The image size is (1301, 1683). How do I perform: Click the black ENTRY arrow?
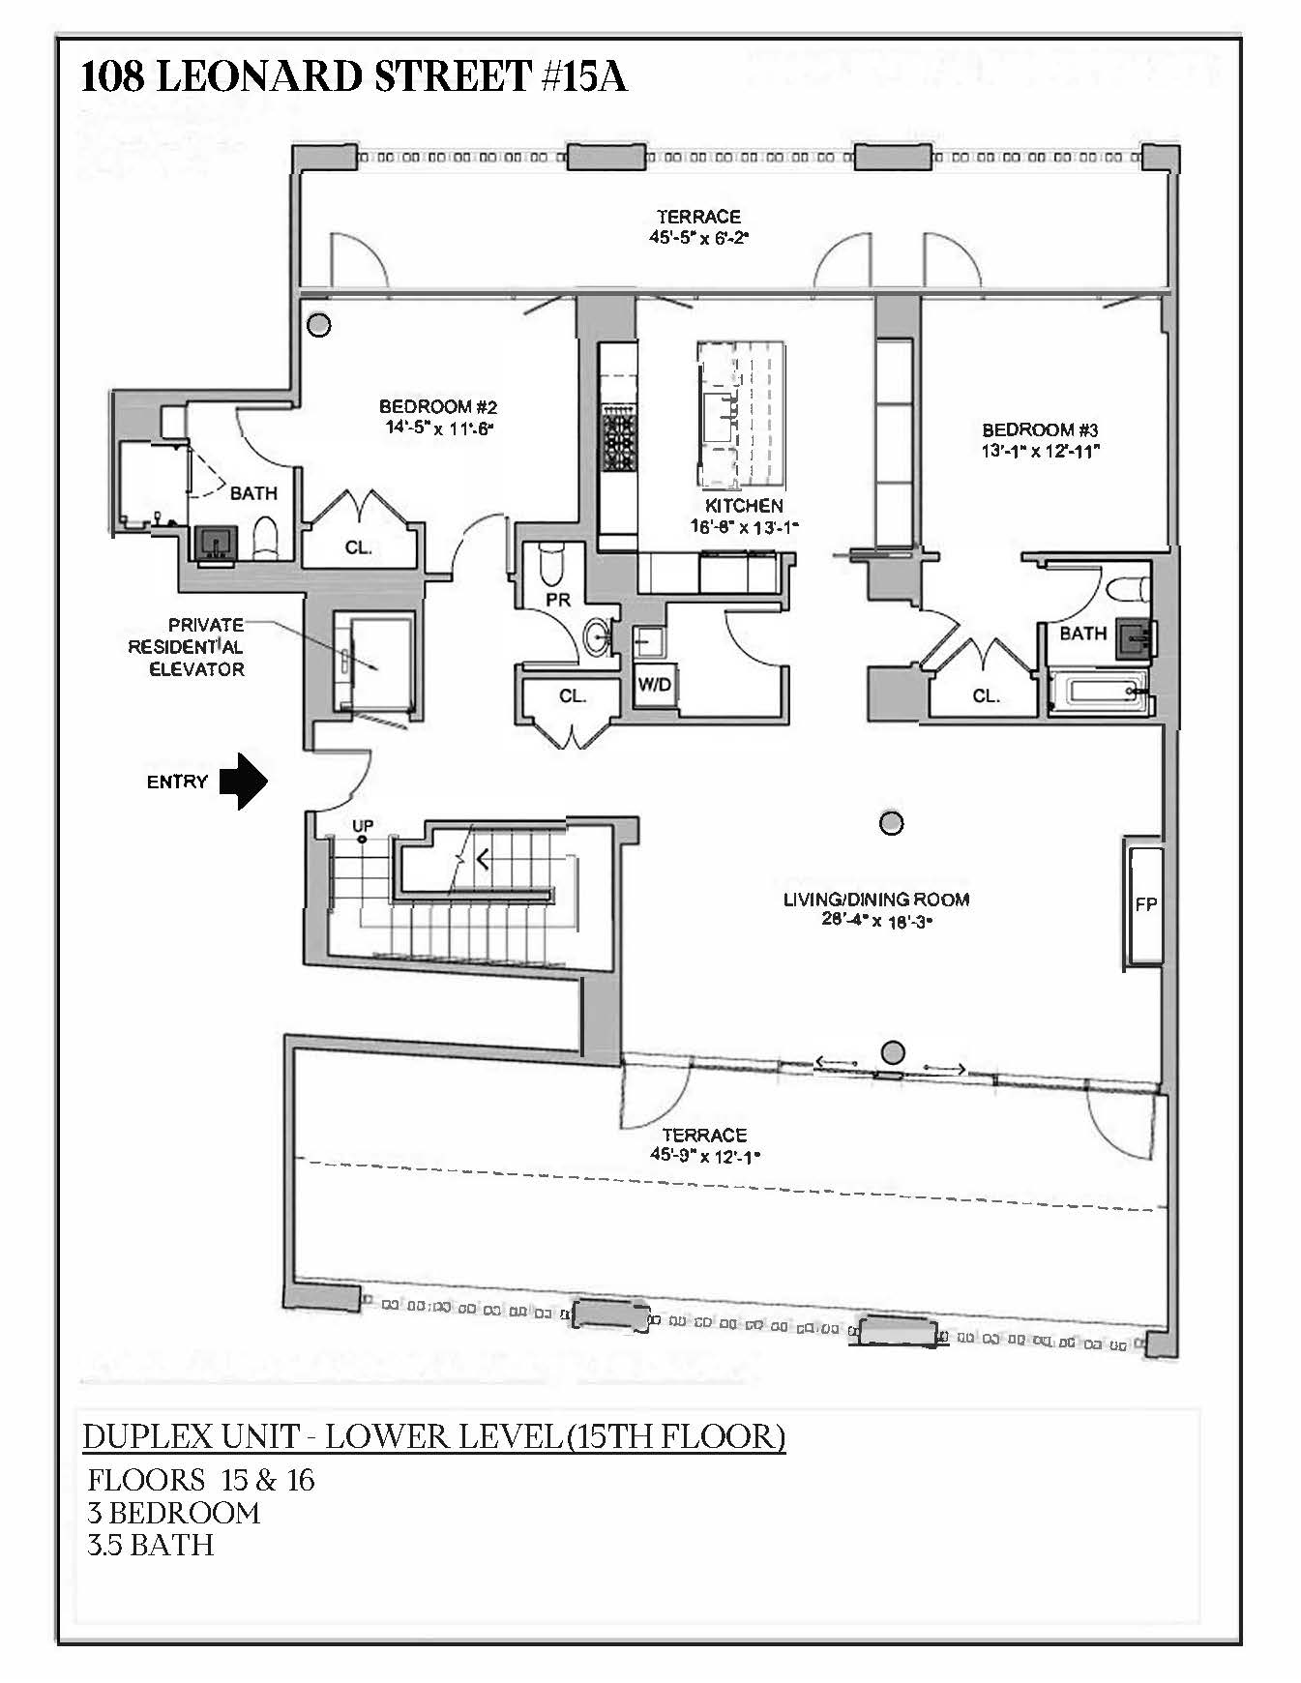(244, 781)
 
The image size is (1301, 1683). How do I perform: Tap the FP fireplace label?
(1145, 904)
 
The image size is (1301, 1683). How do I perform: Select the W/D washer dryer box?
(654, 685)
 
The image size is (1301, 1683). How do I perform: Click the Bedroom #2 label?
(437, 407)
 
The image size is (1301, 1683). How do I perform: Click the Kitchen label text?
(744, 506)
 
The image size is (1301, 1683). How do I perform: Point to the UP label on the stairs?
(363, 825)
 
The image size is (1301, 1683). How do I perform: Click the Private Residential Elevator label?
(195, 647)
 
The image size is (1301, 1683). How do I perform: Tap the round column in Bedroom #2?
(318, 325)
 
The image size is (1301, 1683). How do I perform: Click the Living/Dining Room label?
(875, 900)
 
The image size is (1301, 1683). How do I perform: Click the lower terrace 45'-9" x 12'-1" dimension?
(704, 1155)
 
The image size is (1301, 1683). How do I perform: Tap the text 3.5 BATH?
(150, 1545)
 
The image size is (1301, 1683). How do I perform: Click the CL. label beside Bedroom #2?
(358, 547)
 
